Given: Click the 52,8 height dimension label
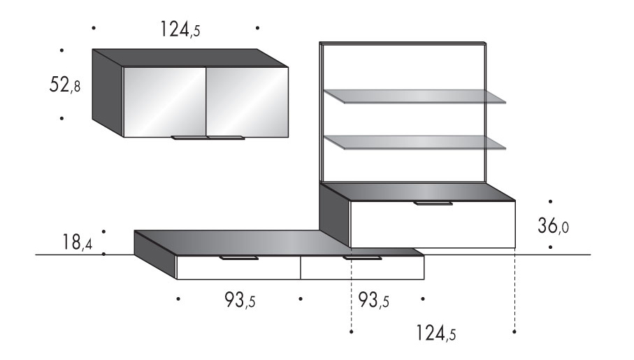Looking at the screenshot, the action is tap(65, 85).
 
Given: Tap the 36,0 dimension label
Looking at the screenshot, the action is tap(553, 226).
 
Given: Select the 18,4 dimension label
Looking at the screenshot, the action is tap(77, 242).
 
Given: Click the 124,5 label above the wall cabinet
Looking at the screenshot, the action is tap(180, 29).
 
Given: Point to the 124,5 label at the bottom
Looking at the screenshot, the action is tap(436, 333).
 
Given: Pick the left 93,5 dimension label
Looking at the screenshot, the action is tap(240, 300).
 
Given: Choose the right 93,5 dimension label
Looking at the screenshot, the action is tap(373, 300).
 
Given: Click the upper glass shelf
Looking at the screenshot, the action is tap(415, 96).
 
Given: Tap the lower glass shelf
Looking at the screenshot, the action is tap(415, 143).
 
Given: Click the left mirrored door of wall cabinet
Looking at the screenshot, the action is tap(164, 102).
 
